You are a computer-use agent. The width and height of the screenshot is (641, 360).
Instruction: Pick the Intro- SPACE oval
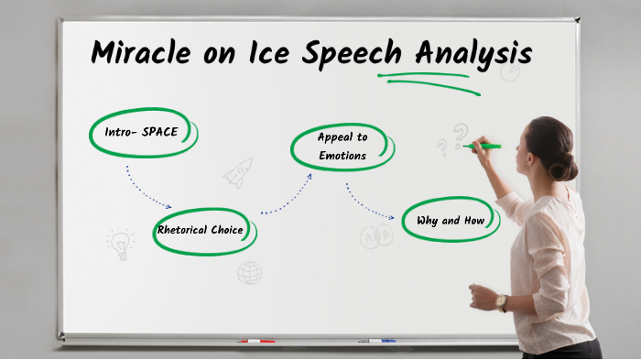[142, 133]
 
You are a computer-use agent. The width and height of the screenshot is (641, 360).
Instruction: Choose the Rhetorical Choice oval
[201, 230]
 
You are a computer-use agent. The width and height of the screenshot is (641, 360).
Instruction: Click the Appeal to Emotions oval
[342, 147]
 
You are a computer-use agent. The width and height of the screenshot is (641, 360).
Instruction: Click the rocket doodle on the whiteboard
[238, 172]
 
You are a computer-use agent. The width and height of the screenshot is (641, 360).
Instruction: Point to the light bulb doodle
[119, 244]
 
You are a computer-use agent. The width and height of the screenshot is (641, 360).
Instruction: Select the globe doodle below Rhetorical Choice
[249, 272]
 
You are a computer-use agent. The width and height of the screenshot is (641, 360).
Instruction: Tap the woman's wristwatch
[501, 302]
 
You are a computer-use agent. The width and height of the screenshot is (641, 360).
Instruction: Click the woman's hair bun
[565, 167]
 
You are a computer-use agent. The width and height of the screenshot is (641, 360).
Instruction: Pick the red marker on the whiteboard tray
[255, 341]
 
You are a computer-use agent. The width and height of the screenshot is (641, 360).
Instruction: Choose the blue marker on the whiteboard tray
[376, 341]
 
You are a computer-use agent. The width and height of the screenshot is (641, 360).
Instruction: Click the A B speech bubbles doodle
[376, 237]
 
